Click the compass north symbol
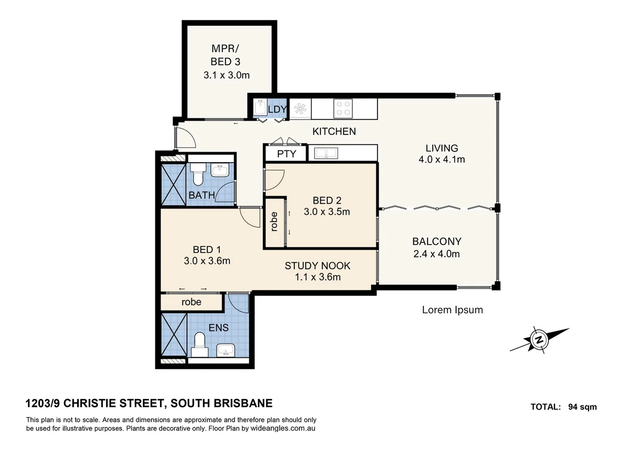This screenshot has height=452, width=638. (x=539, y=339)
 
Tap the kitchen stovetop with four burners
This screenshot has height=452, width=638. (x=343, y=108)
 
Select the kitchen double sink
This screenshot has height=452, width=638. (x=326, y=154)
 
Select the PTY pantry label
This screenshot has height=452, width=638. (x=286, y=154)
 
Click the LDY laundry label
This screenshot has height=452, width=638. (x=277, y=110)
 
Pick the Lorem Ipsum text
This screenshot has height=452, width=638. (x=452, y=310)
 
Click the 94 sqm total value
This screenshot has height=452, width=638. (x=582, y=407)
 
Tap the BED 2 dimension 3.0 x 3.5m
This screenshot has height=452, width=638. (x=327, y=212)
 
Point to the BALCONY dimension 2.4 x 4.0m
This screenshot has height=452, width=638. (x=436, y=254)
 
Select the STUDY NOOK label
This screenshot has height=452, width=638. (x=317, y=266)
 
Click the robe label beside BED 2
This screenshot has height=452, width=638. (x=274, y=222)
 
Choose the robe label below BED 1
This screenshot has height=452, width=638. (x=191, y=302)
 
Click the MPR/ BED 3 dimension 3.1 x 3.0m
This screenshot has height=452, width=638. (x=226, y=75)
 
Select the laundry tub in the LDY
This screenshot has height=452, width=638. (x=260, y=107)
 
